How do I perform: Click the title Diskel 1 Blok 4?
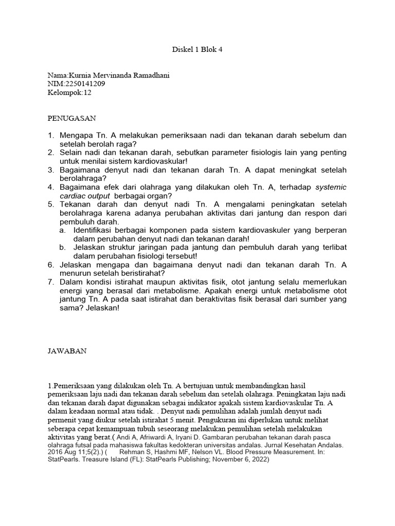(197, 50)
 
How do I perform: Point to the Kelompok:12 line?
(70, 92)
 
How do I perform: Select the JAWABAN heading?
(67, 351)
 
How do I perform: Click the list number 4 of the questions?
(51, 187)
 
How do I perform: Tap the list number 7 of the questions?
(51, 282)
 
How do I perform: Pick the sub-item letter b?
(62, 247)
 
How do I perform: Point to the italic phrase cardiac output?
(85, 196)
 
